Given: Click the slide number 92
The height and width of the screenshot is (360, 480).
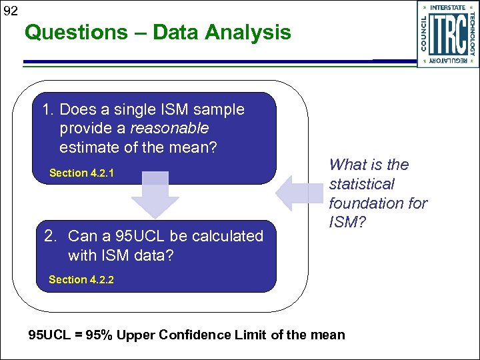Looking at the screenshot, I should click(x=9, y=11).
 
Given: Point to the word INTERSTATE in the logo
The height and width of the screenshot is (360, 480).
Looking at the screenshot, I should click(x=448, y=8).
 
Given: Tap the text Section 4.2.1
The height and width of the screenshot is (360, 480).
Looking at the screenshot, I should click(x=81, y=173).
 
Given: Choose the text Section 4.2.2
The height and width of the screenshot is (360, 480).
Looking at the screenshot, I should click(x=81, y=279).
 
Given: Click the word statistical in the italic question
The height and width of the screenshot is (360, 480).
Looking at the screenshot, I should click(x=361, y=184).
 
